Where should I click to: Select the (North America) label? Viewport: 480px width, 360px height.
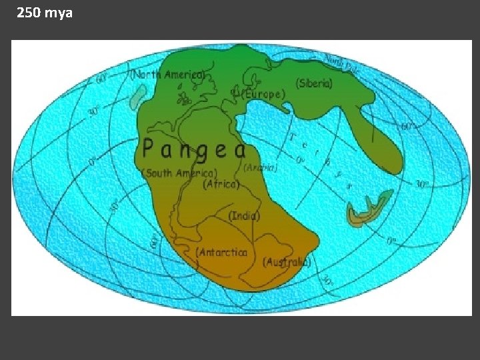coord(167,75)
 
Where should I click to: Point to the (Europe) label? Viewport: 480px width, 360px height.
coord(262,95)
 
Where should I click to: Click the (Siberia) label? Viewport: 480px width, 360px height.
coord(315,83)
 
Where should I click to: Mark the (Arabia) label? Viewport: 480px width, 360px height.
coord(261,168)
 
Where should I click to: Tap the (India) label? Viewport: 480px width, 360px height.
coord(244,216)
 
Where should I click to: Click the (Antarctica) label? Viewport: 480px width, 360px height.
coord(222,252)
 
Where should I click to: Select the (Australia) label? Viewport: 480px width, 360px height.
coord(287,262)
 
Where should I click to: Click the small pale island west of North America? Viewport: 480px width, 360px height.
coord(137,97)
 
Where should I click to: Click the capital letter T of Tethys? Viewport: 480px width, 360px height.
coord(293,137)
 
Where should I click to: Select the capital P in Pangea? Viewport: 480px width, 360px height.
coord(151,148)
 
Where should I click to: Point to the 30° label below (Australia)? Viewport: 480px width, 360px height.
coord(327,281)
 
